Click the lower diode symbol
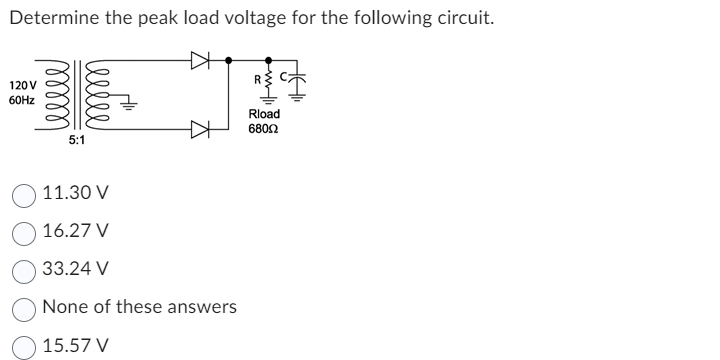(x=200, y=129)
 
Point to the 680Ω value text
(x=265, y=129)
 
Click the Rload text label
(x=265, y=114)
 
